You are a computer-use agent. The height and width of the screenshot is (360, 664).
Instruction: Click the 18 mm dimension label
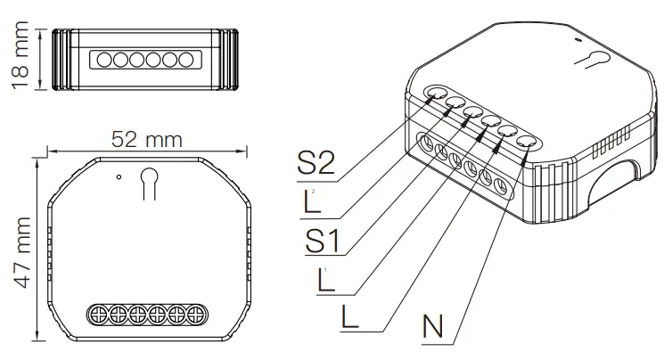click(20, 55)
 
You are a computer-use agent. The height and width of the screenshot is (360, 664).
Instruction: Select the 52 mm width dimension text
click(147, 139)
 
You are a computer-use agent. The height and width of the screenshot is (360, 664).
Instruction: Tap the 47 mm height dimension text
click(22, 252)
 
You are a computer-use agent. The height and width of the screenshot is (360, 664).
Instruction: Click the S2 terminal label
click(316, 162)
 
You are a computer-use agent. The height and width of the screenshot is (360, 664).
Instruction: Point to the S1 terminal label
click(323, 241)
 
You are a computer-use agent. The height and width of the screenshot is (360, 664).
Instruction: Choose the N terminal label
click(432, 326)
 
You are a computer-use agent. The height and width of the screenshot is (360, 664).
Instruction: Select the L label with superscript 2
click(311, 200)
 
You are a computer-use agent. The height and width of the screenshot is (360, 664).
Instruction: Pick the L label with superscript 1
click(324, 280)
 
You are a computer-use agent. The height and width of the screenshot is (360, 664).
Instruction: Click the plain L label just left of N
click(349, 317)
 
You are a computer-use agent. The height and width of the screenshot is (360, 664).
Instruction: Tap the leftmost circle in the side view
click(104, 60)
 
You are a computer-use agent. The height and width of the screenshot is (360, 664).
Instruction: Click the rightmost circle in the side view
click(186, 60)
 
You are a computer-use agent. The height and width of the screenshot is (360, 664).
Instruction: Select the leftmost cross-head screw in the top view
click(98, 315)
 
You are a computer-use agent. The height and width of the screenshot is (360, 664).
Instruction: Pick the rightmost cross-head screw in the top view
click(196, 315)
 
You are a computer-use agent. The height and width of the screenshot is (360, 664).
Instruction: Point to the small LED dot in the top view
click(119, 176)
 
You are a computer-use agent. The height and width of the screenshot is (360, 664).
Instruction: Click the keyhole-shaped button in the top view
click(149, 183)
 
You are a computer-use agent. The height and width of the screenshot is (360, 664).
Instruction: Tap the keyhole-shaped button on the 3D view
click(593, 60)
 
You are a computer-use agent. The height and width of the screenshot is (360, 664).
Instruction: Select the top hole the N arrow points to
click(527, 143)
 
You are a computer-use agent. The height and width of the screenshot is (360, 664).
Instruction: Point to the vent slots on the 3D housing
click(611, 142)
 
